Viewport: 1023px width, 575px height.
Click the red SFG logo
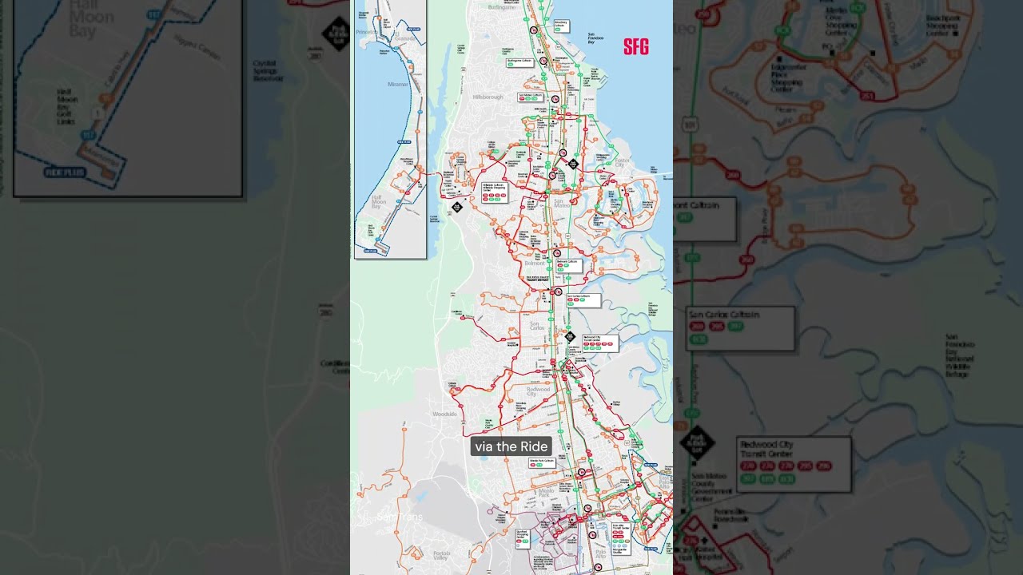[x=636, y=47]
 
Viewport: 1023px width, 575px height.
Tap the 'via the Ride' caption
[x=511, y=446]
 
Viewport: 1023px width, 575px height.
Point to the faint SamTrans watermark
[x=399, y=517]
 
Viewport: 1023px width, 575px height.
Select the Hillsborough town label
[x=488, y=97]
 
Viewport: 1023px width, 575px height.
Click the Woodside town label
[x=444, y=414]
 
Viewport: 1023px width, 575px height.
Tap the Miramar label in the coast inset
[x=397, y=84]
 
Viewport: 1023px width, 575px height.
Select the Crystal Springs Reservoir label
[x=269, y=70]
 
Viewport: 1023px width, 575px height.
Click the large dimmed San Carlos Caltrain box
[x=740, y=327]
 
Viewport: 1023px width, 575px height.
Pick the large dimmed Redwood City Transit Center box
[x=793, y=462]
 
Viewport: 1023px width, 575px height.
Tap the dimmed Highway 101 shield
[x=690, y=125]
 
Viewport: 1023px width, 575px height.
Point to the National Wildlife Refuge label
[x=959, y=355]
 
